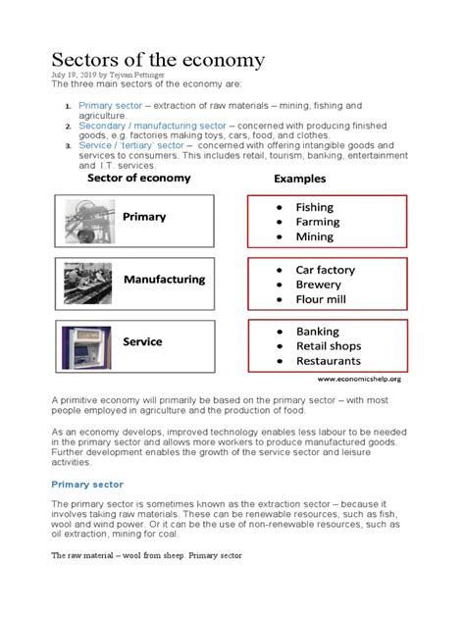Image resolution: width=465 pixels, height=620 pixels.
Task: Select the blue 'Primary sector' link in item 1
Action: point(110,105)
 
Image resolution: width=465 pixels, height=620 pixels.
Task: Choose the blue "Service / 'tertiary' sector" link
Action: point(140,146)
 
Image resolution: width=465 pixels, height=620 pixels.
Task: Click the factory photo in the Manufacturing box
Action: point(89,283)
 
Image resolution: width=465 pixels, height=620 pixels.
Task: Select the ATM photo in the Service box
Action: point(89,345)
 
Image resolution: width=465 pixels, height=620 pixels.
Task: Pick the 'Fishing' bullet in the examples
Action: point(314,207)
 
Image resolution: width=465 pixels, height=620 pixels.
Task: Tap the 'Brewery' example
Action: point(318,284)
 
